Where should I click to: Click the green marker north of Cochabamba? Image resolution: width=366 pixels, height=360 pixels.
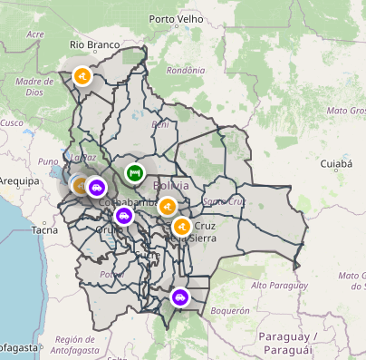[x=134, y=172]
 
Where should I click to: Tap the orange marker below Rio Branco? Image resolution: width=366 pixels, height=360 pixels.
[x=82, y=77]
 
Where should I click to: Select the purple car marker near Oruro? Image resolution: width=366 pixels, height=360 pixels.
[x=123, y=216]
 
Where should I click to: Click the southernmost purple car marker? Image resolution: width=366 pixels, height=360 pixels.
[x=180, y=296]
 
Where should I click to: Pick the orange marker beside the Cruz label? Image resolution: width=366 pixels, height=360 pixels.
[x=181, y=226]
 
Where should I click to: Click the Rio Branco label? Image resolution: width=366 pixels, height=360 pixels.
[x=96, y=44]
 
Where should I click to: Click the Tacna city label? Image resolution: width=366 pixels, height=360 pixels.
[x=44, y=230]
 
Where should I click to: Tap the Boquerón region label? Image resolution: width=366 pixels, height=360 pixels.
[x=229, y=309]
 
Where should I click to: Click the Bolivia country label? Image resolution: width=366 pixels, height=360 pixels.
[x=172, y=186]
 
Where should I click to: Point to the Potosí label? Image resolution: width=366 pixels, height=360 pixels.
[x=111, y=274]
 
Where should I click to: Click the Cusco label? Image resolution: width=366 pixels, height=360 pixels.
[x=11, y=122]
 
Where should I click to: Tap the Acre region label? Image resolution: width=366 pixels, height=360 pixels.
[x=35, y=34]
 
